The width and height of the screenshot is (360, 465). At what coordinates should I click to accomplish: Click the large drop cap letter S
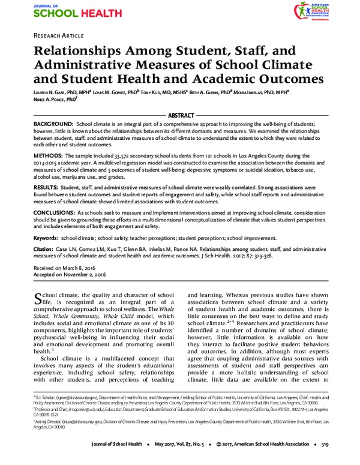coord(40,299)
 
